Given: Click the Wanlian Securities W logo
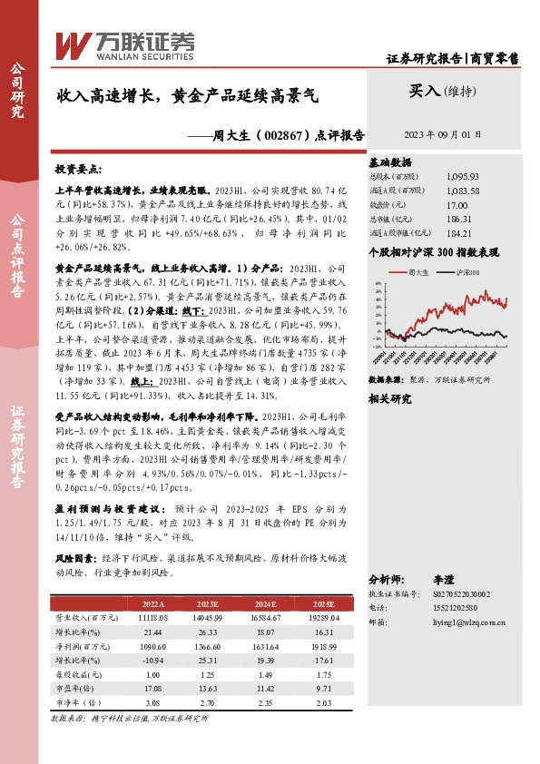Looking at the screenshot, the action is coord(71,43).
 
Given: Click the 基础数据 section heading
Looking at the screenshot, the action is coord(391,163).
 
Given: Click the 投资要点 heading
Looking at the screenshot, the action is coord(79,171).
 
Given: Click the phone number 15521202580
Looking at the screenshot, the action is coord(473,609).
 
